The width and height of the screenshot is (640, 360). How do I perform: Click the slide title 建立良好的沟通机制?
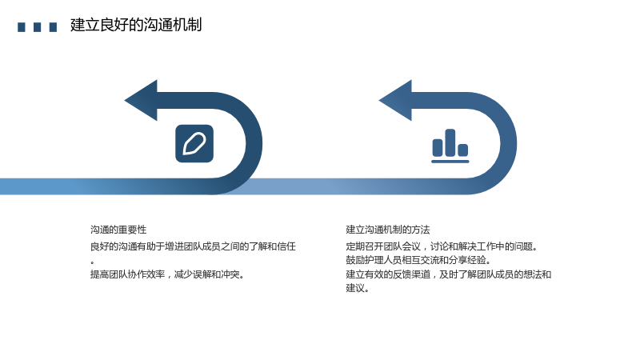tap(136, 25)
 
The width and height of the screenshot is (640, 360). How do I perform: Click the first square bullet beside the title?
tap(22, 27)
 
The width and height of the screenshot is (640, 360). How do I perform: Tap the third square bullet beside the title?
tap(53, 27)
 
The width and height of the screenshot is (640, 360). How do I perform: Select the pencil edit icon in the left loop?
tap(194, 144)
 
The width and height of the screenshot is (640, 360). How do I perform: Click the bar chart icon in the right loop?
tap(450, 146)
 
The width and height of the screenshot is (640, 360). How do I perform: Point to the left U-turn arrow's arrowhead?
tap(142, 101)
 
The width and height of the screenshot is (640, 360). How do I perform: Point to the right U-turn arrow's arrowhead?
tap(395, 101)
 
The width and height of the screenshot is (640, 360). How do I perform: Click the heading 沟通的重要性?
tap(118, 230)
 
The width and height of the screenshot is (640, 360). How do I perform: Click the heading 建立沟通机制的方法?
tap(388, 230)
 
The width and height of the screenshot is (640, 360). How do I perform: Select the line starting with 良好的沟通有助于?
tap(193, 246)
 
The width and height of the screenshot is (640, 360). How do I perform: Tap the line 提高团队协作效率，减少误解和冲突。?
tap(168, 274)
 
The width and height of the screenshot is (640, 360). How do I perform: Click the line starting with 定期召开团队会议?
tap(442, 246)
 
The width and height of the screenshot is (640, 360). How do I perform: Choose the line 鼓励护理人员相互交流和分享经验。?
tap(418, 260)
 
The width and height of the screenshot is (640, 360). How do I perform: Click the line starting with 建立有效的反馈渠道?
tap(449, 274)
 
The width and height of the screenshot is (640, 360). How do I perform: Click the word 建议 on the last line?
tap(355, 288)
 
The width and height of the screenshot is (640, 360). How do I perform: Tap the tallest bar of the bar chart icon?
tap(450, 142)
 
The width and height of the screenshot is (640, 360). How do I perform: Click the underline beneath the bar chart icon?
tap(450, 162)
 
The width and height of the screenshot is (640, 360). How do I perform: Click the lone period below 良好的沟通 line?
tap(93, 262)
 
